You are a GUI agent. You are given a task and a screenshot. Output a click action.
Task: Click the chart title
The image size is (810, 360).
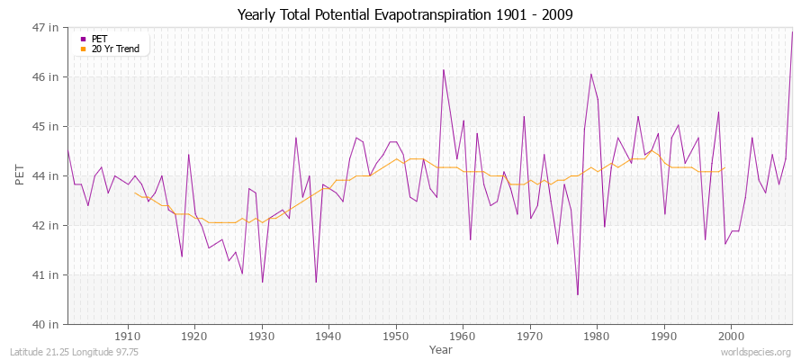pyautogui.click(x=405, y=14)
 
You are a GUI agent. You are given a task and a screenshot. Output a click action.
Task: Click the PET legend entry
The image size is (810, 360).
pyautogui.click(x=99, y=39)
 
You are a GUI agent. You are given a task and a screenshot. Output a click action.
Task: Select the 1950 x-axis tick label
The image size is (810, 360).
pyautogui.click(x=395, y=336)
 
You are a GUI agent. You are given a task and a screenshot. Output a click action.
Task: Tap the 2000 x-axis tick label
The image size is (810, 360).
pyautogui.click(x=730, y=336)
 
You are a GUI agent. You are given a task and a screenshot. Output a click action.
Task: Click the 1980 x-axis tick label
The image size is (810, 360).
pyautogui.click(x=596, y=336)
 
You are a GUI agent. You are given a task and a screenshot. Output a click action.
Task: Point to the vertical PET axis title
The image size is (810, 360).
pyautogui.click(x=21, y=175)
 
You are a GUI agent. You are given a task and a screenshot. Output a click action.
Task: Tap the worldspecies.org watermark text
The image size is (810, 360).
pyautogui.click(x=755, y=352)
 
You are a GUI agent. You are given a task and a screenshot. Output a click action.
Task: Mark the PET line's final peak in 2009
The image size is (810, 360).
pyautogui.click(x=792, y=32)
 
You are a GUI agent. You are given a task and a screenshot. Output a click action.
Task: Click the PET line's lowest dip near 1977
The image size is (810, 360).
pyautogui.click(x=577, y=294)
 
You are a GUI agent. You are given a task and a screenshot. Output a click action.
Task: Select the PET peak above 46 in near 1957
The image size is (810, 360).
pyautogui.click(x=443, y=69)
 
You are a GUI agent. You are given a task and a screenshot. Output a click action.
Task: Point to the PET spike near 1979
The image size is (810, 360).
pyautogui.click(x=590, y=74)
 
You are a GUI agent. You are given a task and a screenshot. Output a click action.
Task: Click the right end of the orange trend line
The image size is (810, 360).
pyautogui.click(x=724, y=168)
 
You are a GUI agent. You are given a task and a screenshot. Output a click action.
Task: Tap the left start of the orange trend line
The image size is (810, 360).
pyautogui.click(x=134, y=192)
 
